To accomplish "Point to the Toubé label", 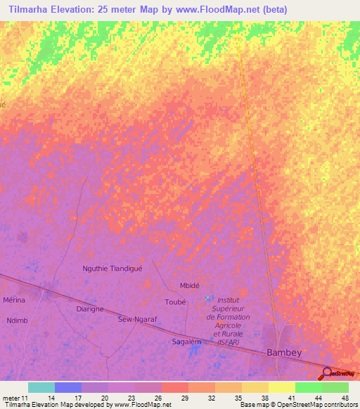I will (x=174, y=301).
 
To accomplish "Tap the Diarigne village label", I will (x=89, y=309).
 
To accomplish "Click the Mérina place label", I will (x=14, y=300).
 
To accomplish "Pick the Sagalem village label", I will (x=187, y=342).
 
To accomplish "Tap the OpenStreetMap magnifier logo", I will (x=327, y=373).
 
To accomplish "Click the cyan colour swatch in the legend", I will (x=41, y=387).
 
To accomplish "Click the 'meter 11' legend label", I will (x=15, y=398).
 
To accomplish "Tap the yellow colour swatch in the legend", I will (x=281, y=387).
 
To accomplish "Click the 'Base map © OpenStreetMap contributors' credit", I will (x=298, y=405).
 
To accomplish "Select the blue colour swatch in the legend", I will (x=68, y=387).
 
